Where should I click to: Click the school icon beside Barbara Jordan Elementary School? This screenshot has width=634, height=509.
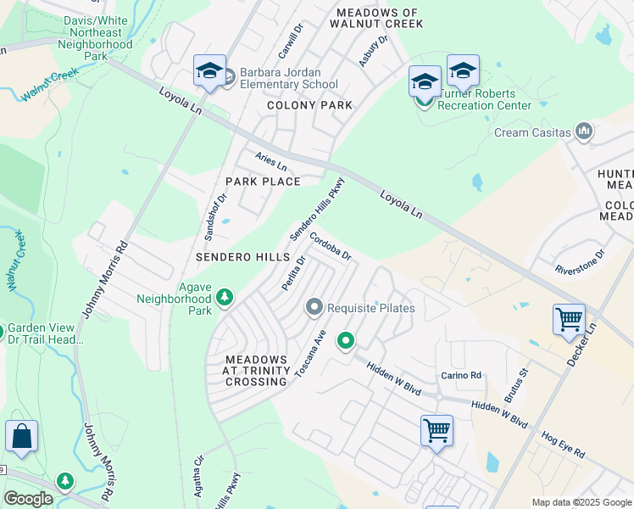click(209, 71)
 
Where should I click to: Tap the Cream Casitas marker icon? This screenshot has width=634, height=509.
click(583, 131)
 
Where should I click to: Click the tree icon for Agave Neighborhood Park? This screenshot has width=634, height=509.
click(225, 297)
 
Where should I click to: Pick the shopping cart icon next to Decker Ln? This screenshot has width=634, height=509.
click(569, 321)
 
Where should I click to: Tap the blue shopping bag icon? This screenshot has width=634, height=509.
click(21, 437)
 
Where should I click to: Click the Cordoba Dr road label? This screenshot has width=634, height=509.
click(330, 247)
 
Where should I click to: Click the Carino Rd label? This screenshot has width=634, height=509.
click(460, 375)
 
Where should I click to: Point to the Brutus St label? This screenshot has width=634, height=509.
click(516, 384)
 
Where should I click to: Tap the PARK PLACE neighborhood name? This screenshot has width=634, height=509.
click(263, 182)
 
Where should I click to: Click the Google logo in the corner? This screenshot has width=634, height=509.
click(28, 499)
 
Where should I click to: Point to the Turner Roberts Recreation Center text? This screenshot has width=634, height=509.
click(484, 105)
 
